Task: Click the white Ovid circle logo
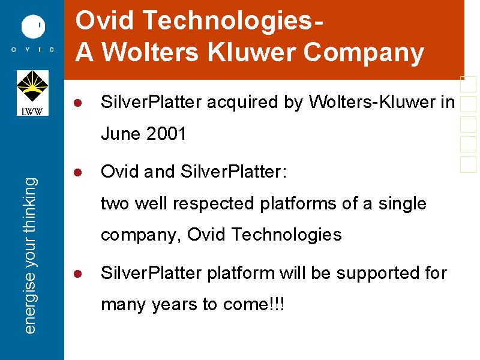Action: [33, 26]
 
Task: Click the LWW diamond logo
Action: [32, 93]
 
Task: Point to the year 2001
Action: [166, 134]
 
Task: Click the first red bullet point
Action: [78, 103]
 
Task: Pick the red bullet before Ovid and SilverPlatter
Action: [78, 172]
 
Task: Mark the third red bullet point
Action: [78, 274]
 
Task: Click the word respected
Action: [214, 204]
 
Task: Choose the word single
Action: [402, 204]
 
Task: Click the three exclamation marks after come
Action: [277, 304]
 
